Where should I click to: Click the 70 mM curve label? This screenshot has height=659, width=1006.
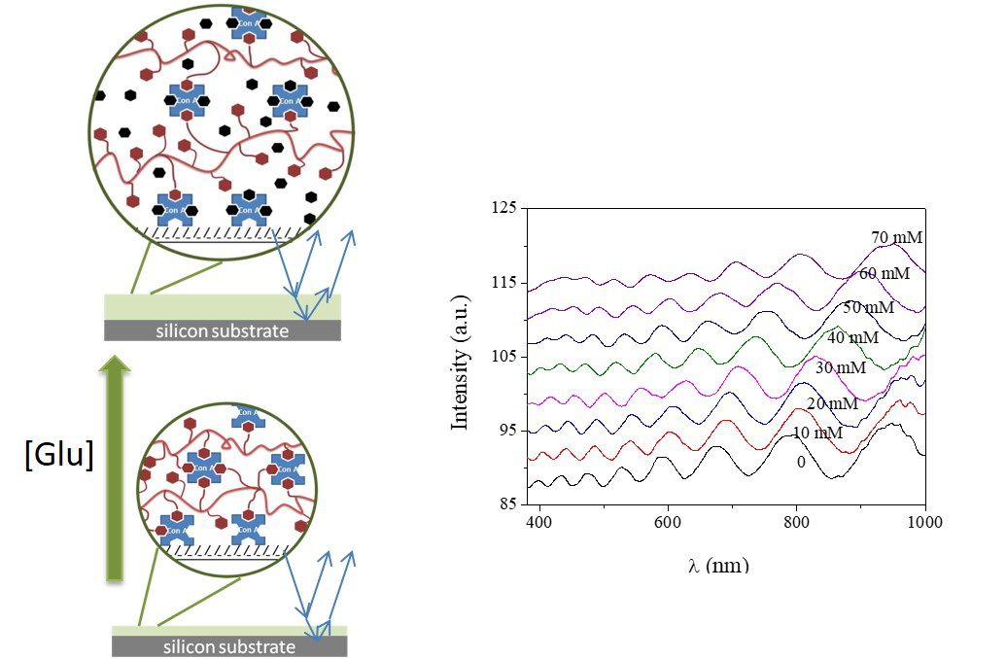point(897,238)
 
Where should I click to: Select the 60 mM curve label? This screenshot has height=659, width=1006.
point(885,274)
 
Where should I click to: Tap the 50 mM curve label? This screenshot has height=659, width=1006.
point(868,307)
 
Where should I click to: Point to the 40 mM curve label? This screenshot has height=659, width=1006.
point(852,337)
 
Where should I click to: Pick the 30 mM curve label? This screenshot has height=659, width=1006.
point(840,368)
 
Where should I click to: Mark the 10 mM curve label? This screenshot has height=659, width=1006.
point(817,433)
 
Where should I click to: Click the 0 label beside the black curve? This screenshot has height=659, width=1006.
point(801,463)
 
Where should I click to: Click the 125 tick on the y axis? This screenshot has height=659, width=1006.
point(503,209)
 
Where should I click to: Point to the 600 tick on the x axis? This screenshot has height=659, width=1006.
point(668,522)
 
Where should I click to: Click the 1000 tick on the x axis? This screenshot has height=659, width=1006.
point(924,522)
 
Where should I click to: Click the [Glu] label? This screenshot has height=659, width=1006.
point(59,455)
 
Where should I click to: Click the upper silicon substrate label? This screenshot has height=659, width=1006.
point(224,330)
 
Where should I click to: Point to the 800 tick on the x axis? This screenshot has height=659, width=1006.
point(796,522)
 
